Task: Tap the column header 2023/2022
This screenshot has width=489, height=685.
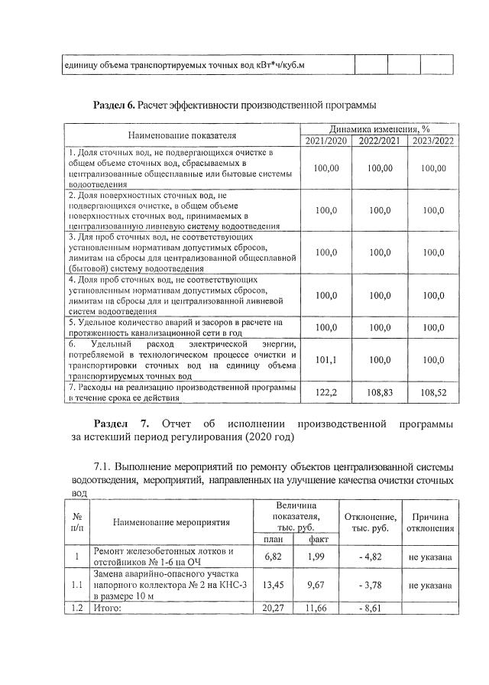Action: [432, 141]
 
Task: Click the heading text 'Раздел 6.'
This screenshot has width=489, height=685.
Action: [114, 104]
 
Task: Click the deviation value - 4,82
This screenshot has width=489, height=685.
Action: [370, 557]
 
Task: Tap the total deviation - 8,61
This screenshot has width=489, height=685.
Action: [370, 608]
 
